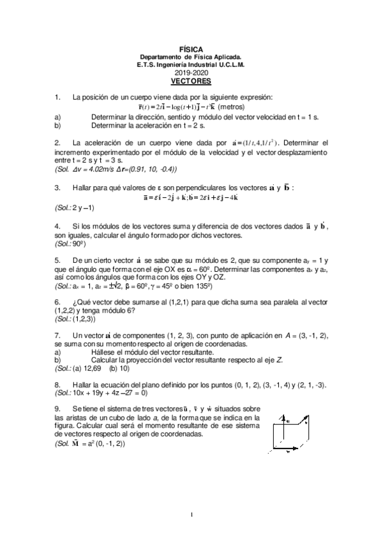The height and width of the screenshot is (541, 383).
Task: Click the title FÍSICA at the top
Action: coord(191,48)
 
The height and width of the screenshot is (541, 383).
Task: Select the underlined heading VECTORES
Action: coord(191,82)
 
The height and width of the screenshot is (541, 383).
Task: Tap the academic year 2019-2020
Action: coord(191,73)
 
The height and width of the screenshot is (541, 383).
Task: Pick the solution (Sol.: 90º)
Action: coord(70,244)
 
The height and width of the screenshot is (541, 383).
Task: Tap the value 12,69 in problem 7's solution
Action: coord(93,368)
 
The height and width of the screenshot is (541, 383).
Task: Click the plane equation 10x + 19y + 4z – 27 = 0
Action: coord(119,394)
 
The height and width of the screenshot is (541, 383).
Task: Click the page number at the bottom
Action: coord(191,514)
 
